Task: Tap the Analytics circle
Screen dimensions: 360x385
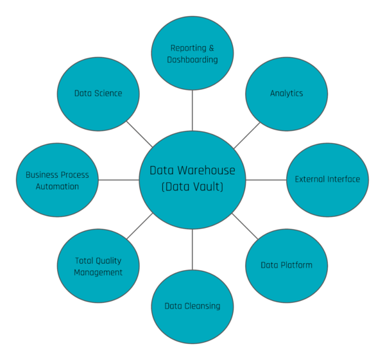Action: (x=286, y=93)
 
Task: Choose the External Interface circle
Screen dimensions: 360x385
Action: (x=327, y=179)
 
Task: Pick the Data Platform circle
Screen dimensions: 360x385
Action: (x=286, y=265)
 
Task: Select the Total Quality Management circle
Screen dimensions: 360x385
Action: (x=98, y=266)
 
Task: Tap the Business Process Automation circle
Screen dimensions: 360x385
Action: (x=57, y=180)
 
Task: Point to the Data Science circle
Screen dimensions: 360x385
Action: (x=98, y=93)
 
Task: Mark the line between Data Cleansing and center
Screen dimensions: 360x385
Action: (x=193, y=249)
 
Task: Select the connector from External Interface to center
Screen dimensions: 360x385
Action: (x=266, y=180)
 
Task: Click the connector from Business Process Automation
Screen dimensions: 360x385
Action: (x=119, y=180)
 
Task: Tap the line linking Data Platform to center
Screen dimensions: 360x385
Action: (x=244, y=226)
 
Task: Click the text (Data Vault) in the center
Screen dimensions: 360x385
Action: (x=193, y=187)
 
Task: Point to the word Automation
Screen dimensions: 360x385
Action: (x=57, y=187)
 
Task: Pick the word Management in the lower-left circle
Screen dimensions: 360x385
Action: (x=98, y=272)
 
